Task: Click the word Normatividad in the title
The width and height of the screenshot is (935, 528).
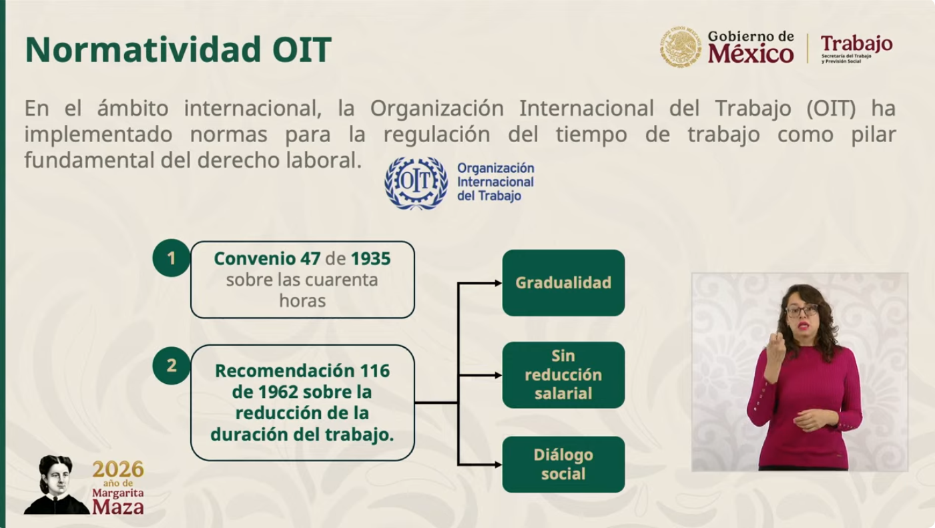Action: tap(143, 49)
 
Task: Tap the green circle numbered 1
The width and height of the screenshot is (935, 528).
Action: tap(171, 258)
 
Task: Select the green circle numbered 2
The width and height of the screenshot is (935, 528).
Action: tap(171, 366)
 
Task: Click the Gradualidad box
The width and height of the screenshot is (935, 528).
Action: tap(563, 282)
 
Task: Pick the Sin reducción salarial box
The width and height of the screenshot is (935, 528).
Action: tap(563, 375)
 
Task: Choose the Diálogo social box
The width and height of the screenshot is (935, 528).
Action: tap(563, 464)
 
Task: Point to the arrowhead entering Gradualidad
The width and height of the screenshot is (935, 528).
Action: tap(498, 283)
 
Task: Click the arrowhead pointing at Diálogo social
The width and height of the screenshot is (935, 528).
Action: tap(498, 464)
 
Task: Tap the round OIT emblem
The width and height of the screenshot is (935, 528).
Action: tap(416, 183)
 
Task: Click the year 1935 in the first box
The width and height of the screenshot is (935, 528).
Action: tap(370, 259)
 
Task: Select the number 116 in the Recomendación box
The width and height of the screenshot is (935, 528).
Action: tap(375, 370)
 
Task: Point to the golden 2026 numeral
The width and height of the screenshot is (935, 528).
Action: tap(118, 469)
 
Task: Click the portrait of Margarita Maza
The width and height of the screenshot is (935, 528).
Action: tap(56, 485)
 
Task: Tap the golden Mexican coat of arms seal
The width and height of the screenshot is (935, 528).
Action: tap(680, 47)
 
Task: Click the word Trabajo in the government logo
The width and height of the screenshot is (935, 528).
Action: tap(856, 44)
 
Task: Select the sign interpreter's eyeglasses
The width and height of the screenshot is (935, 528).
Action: tap(802, 310)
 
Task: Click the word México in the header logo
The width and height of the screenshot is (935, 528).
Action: tap(751, 54)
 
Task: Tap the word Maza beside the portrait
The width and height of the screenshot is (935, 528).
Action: tap(118, 507)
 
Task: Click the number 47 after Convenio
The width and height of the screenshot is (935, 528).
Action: tap(310, 259)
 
